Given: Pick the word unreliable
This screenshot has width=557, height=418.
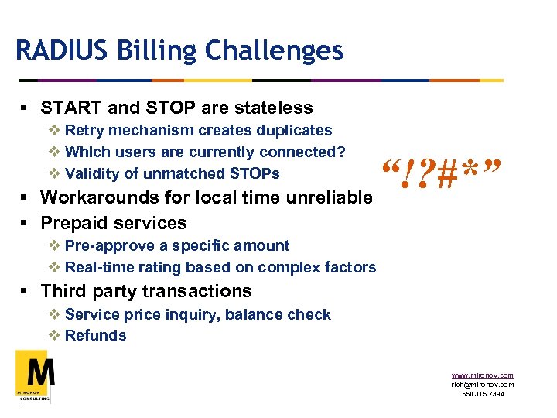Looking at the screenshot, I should [x=328, y=197].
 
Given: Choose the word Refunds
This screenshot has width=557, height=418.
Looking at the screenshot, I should [x=96, y=335].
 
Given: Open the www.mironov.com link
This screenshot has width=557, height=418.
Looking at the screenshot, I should [x=482, y=375].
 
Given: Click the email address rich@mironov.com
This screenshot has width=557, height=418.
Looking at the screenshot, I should [x=482, y=385].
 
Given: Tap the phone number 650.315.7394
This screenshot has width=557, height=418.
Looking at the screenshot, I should [x=482, y=394].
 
